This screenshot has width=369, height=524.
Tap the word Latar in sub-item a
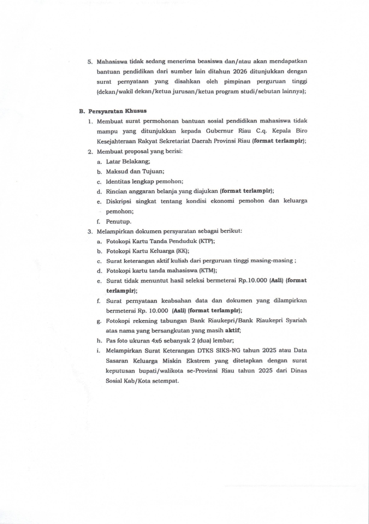coord(112,161)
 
